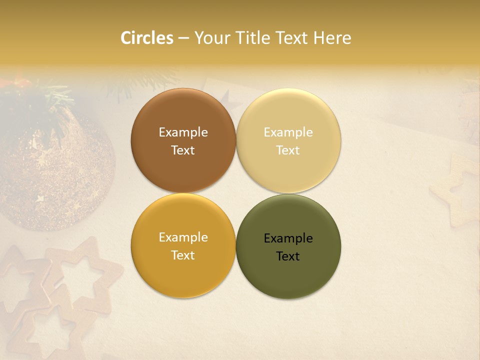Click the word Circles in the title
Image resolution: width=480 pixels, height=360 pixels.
147,38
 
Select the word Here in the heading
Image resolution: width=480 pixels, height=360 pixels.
332,38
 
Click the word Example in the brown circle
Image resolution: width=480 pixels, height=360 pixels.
183,132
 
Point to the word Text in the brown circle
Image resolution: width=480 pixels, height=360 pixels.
183,150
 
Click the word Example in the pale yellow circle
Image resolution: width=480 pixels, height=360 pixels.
288,132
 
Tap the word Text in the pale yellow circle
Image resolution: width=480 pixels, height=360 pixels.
288,150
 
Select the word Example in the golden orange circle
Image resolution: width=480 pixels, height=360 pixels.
183,237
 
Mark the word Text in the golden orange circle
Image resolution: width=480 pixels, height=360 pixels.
183,255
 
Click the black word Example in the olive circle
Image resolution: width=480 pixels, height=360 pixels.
288,238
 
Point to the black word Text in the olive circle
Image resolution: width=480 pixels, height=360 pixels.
288,256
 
